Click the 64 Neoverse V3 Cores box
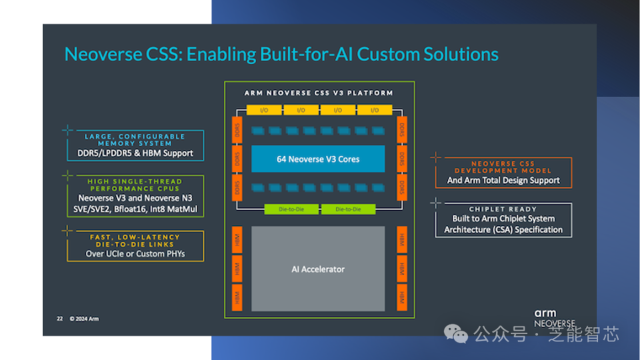tap(318, 159)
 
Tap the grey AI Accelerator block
tap(318, 269)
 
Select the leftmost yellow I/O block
tap(264, 110)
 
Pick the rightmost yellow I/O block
tap(374, 110)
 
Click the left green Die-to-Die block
tap(291, 209)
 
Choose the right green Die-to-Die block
tap(348, 209)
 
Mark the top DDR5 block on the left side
tap(238, 127)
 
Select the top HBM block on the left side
tap(238, 240)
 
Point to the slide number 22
tap(59, 319)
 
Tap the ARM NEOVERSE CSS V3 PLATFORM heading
tap(319, 93)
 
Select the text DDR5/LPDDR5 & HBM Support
tap(135, 153)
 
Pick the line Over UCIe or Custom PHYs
tap(135, 254)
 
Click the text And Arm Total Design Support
tap(503, 180)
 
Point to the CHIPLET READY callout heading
tap(503, 209)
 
